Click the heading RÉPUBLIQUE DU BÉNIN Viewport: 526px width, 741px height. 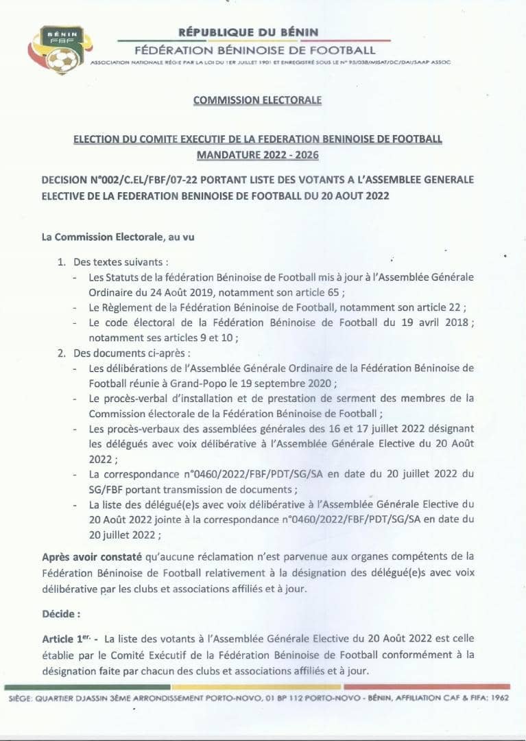pyautogui.click(x=248, y=32)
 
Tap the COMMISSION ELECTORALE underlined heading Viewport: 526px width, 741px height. pyautogui.click(x=257, y=100)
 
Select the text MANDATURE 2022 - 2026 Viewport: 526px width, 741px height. pyautogui.click(x=257, y=155)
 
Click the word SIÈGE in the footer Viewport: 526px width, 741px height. pyautogui.click(x=21, y=698)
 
